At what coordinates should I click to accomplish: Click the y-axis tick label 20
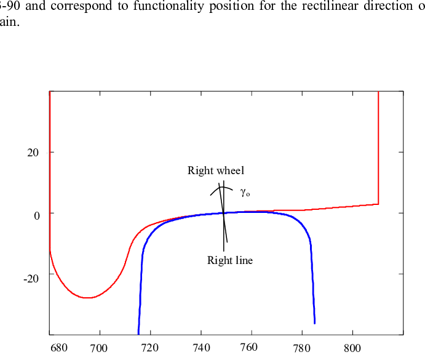tap(33, 153)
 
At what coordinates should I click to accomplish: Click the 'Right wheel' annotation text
tap(216, 171)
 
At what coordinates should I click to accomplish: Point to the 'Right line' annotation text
tap(230, 260)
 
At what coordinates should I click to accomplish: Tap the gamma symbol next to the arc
tap(244, 193)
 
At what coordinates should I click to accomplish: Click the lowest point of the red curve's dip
tap(88, 298)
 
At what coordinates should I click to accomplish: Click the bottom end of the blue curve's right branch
tap(314, 323)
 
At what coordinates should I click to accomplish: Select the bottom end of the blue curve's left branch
tap(138, 333)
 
